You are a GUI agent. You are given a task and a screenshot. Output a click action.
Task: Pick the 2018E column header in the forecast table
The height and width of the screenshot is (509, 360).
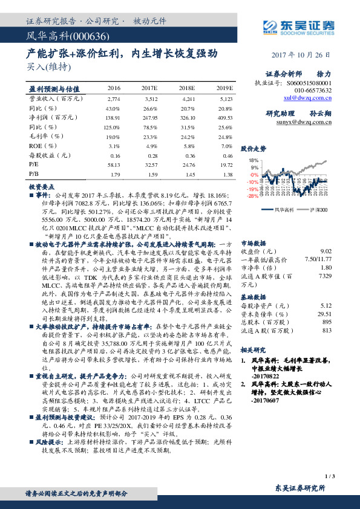pos(186,88)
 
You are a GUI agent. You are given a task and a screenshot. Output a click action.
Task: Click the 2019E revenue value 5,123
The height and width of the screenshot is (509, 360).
pos(225,98)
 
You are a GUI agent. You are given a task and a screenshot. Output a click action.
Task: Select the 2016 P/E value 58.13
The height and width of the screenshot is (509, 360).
pos(113,164)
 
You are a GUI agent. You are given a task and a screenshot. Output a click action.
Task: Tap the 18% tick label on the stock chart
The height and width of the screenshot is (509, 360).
pos(254,160)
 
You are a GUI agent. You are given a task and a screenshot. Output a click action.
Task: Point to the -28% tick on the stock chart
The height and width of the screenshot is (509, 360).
pos(253,196)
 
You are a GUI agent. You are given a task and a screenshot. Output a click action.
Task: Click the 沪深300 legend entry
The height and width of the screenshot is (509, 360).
pos(319,209)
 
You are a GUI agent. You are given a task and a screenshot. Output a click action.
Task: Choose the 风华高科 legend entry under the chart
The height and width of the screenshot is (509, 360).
pos(284,209)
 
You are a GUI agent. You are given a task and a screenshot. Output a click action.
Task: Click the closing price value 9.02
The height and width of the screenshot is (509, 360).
pos(326,250)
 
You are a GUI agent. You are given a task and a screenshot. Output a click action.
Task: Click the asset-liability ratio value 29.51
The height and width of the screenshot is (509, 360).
pos(325,314)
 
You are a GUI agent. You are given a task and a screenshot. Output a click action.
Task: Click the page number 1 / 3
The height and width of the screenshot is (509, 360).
pos(329,477)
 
